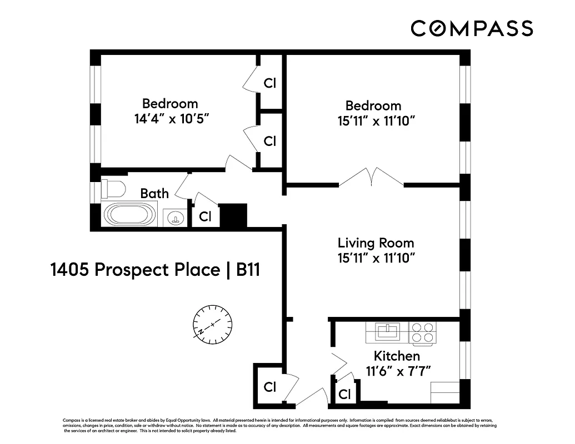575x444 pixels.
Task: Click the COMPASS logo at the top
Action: point(472,28)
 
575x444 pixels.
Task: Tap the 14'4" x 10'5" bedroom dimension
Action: point(170,119)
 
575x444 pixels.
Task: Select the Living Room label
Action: point(376,243)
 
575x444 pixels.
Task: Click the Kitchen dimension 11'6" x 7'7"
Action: point(397,371)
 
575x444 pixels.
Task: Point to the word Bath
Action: point(154,193)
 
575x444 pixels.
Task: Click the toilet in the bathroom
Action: point(113,189)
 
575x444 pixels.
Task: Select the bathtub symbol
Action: point(131,214)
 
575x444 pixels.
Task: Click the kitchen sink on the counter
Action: point(387,332)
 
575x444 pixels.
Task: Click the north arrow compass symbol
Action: point(212,324)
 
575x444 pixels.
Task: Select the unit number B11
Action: point(248,270)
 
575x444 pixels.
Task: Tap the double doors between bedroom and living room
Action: point(371,177)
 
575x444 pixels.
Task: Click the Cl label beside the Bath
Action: point(205,217)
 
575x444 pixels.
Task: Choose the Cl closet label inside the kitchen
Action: point(344,395)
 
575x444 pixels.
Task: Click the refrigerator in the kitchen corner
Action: point(445,392)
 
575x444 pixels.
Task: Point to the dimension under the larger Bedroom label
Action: point(376,121)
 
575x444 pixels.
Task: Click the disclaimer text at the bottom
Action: point(278,425)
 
